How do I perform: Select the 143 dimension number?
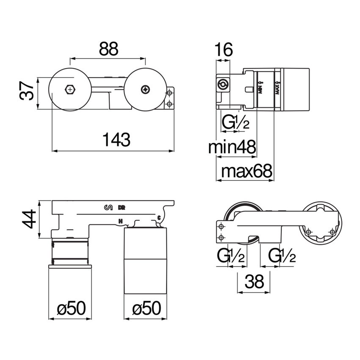tap(112, 139)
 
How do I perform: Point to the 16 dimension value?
tap(223, 50)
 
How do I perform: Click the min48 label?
tap(233, 148)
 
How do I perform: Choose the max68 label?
tap(248, 172)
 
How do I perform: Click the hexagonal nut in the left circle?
tap(69, 89)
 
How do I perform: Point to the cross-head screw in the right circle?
tap(146, 89)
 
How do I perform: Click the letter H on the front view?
tap(121, 221)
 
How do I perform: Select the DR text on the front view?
tap(122, 207)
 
